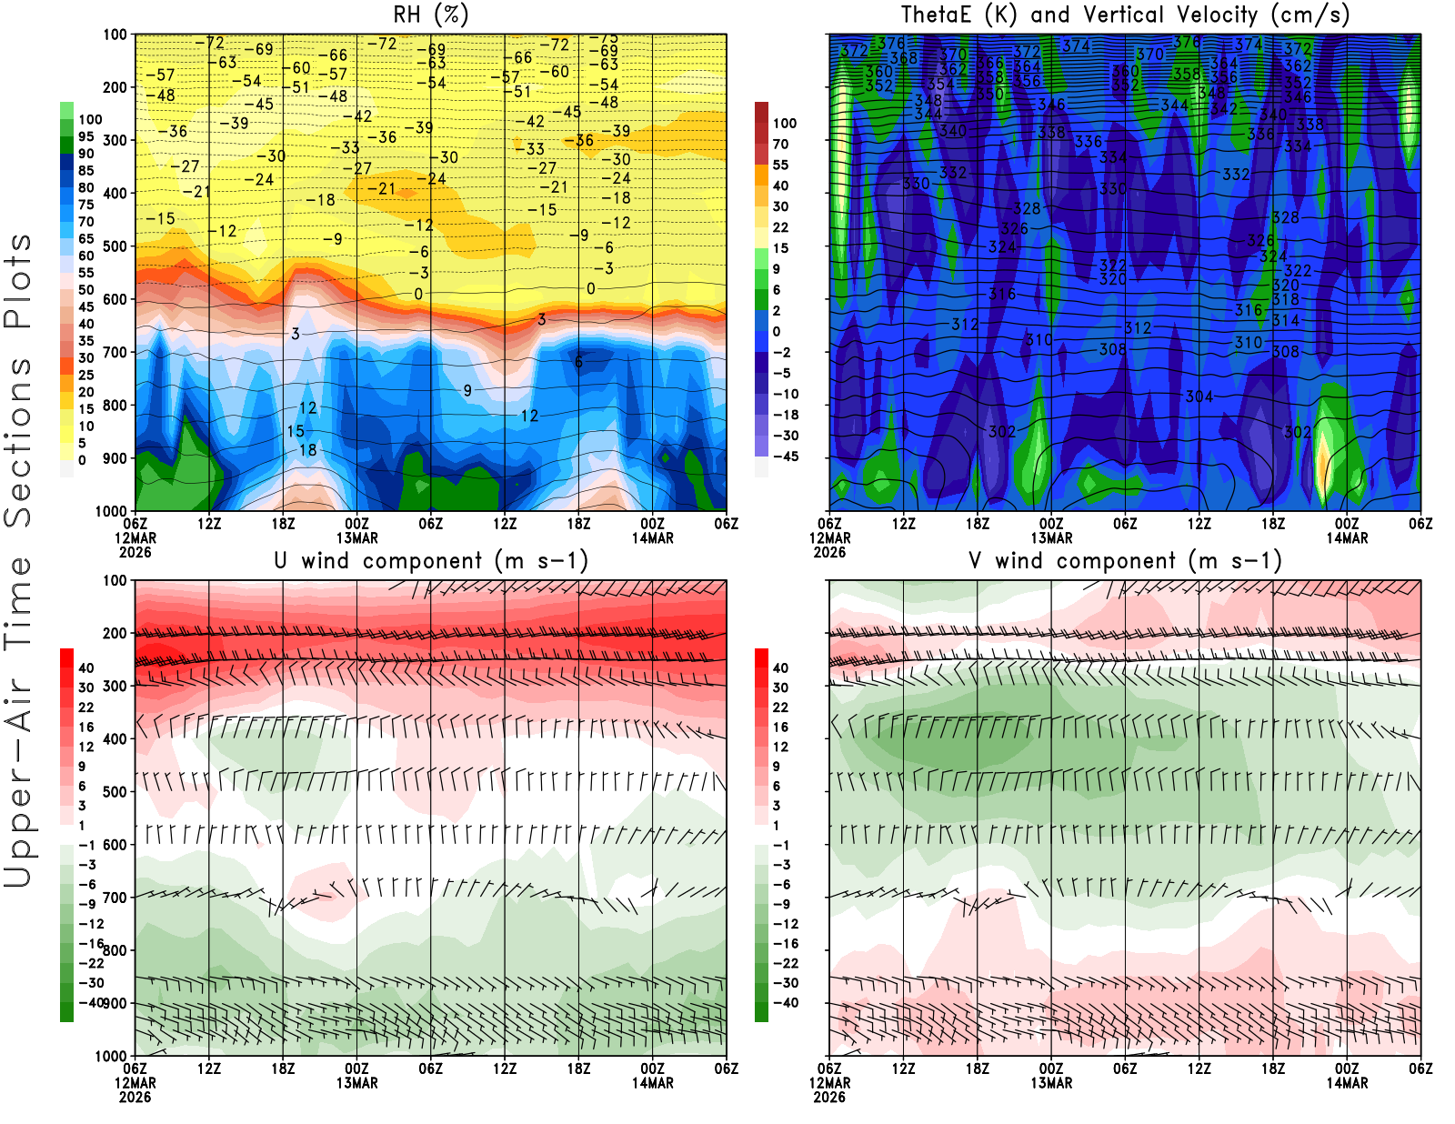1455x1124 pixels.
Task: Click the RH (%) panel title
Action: coord(431,15)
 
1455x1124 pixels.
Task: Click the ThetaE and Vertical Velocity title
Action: coord(1125,15)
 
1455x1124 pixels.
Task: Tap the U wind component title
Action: coord(431,561)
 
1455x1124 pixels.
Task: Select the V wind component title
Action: coord(1125,561)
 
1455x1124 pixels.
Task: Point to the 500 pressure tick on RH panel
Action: coord(115,246)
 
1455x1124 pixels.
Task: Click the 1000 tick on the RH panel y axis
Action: coord(111,511)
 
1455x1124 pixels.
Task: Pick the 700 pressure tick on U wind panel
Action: coord(115,898)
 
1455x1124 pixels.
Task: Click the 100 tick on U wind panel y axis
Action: coord(115,580)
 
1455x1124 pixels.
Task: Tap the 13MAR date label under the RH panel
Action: coord(357,538)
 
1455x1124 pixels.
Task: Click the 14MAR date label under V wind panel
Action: coord(1347,1083)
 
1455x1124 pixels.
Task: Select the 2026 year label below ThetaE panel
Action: coord(829,552)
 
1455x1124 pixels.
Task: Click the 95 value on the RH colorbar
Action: coord(85,136)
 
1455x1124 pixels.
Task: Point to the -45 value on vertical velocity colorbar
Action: coord(785,457)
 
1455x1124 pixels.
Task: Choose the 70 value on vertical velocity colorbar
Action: coord(780,144)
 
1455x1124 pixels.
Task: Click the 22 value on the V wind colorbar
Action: coord(780,708)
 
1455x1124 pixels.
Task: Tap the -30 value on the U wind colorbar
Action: coord(91,983)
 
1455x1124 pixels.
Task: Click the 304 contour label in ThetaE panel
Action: coord(1199,396)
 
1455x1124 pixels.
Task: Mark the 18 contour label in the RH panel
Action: coord(308,450)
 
